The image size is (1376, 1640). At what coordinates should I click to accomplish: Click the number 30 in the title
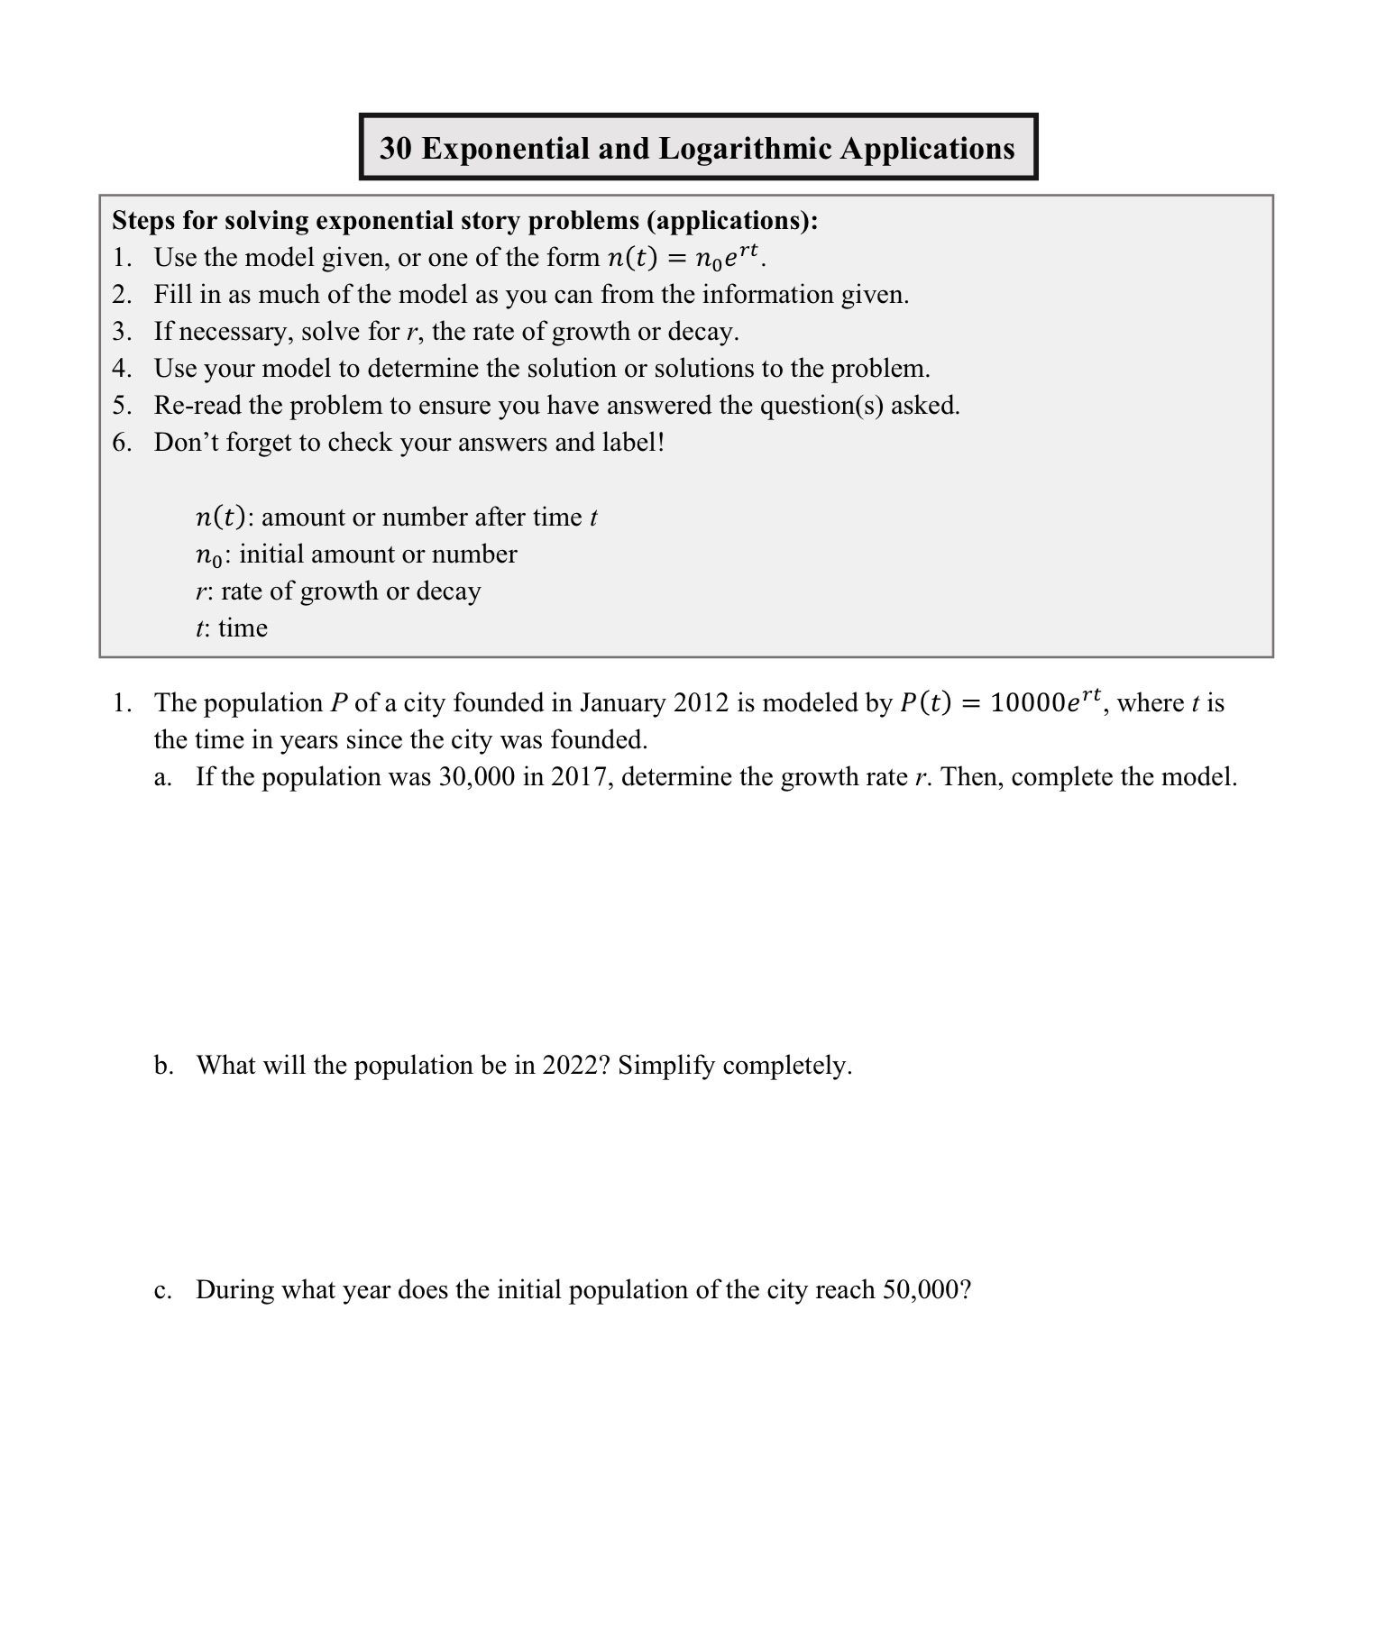(396, 149)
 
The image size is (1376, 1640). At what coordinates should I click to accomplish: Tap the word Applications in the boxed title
(927, 149)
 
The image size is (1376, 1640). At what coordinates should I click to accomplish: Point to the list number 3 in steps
(122, 332)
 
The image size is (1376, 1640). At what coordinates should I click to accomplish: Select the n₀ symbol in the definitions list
(208, 555)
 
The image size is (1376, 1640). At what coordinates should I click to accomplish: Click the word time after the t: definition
(243, 628)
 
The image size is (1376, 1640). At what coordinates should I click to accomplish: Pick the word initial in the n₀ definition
(270, 554)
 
